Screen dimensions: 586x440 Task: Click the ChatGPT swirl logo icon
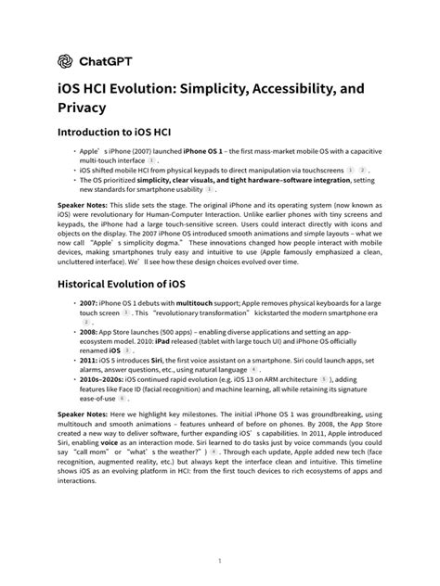click(x=66, y=61)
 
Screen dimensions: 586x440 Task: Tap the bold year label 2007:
click(x=90, y=305)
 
